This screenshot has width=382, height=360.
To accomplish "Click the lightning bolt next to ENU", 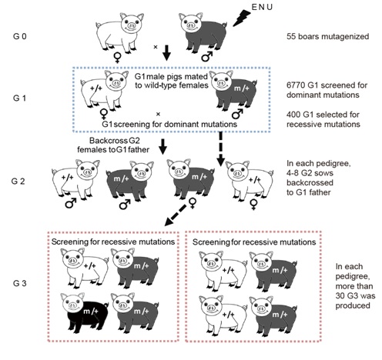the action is tap(242, 18).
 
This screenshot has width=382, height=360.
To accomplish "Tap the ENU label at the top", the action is tap(262, 7).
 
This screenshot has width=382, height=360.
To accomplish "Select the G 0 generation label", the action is tap(19, 36).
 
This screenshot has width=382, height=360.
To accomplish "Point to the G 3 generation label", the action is tap(19, 283).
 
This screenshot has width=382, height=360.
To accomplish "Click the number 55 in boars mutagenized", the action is tap(291, 36).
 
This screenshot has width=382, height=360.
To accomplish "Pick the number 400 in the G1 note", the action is tap(294, 115).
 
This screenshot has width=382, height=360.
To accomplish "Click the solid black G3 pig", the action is tap(85, 313).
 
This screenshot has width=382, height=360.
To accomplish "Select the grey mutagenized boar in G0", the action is tap(203, 32).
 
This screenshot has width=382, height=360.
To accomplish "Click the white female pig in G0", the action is tap(119, 32).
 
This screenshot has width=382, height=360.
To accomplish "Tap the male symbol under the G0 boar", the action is tap(207, 56).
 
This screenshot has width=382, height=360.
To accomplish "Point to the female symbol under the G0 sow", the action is tap(117, 58).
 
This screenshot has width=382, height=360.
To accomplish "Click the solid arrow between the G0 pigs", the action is tap(167, 53).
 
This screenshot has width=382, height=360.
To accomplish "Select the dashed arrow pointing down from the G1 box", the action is tap(220, 148).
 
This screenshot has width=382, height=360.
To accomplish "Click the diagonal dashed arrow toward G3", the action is tap(176, 215).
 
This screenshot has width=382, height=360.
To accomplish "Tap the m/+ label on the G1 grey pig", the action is tap(242, 88).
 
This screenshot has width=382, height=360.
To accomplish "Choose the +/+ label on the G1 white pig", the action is tap(96, 88).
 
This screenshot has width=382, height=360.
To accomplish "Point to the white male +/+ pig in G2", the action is tap(75, 179).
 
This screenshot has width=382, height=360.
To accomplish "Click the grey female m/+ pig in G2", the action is tap(191, 178).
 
